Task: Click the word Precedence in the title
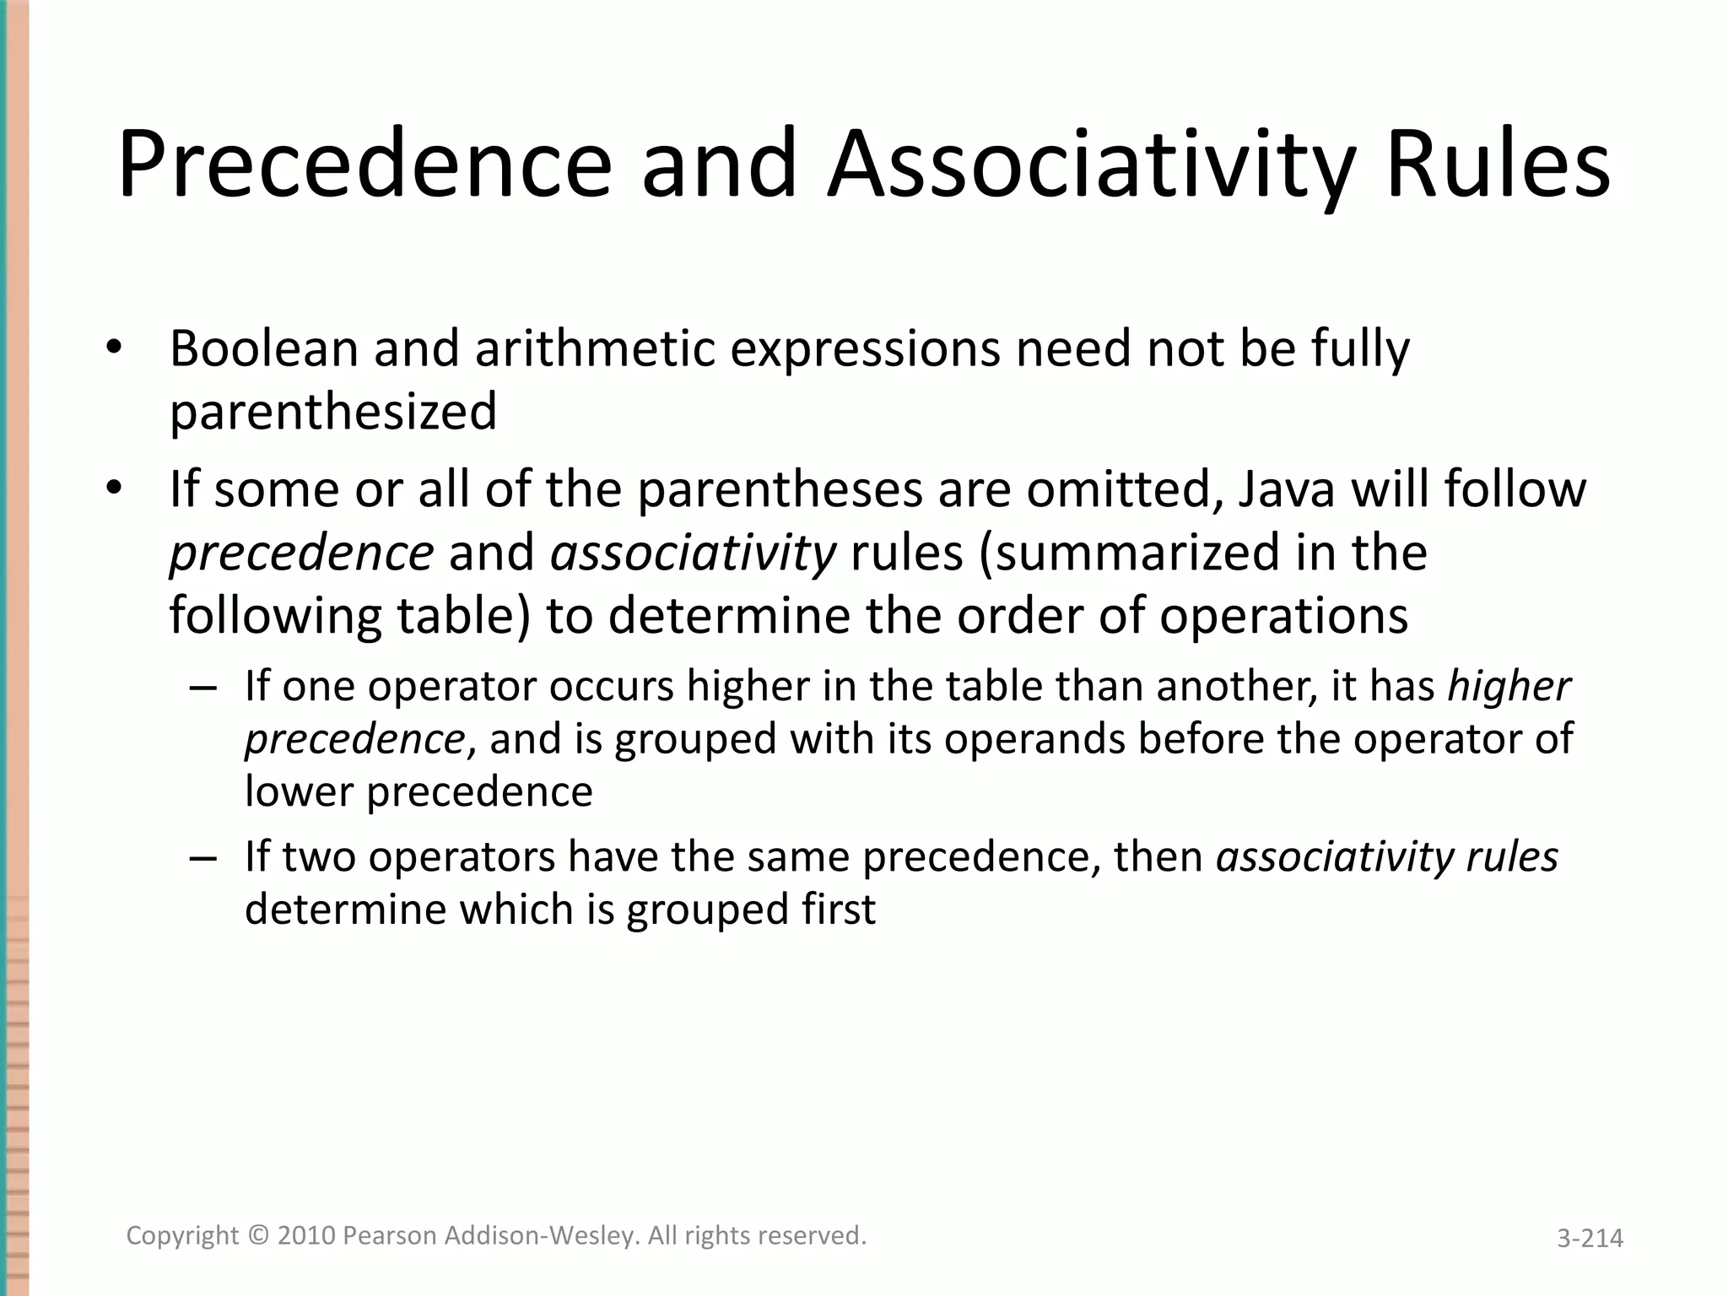point(364,165)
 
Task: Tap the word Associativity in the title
point(1090,165)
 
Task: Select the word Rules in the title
point(1498,165)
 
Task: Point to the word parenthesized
point(333,413)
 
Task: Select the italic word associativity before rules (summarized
point(693,553)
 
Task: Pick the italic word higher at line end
point(1509,686)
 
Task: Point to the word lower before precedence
point(300,792)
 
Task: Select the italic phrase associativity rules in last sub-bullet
point(1386,857)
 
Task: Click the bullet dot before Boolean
point(114,348)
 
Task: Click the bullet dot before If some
point(114,489)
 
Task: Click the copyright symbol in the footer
point(257,1236)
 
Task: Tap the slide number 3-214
point(1590,1239)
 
